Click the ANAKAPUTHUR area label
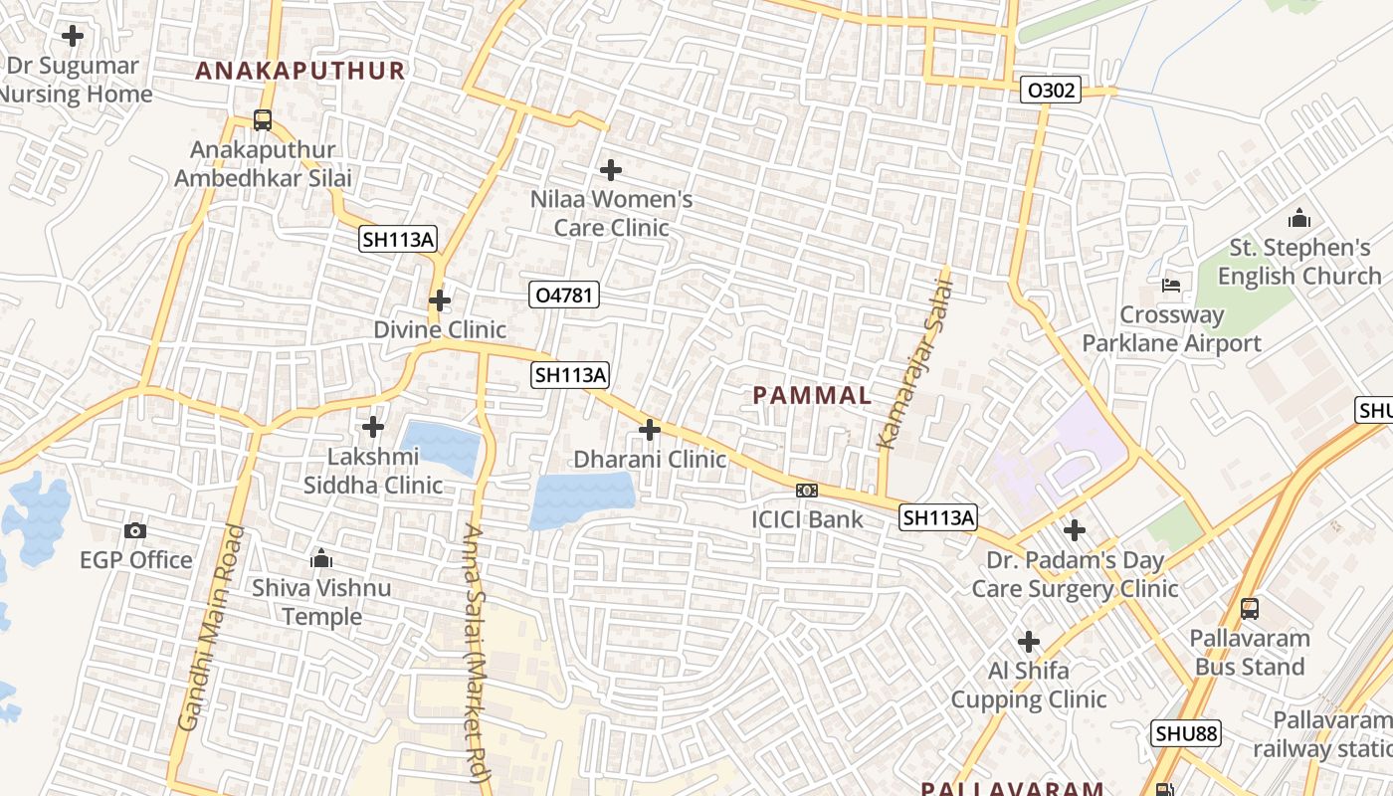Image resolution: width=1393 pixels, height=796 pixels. pos(300,71)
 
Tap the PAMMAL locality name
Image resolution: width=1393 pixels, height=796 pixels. pos(812,395)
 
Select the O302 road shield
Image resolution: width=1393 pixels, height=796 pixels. pos(1051,91)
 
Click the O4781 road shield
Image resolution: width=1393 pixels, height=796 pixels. pos(564,295)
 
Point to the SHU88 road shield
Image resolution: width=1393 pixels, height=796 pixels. pos(1186,734)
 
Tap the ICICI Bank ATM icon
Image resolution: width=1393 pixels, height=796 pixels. pos(807,490)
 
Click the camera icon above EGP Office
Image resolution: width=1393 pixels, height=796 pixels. pos(135,531)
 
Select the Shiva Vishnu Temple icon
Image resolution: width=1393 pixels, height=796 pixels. pos(320,559)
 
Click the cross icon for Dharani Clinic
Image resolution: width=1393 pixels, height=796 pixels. pos(650,430)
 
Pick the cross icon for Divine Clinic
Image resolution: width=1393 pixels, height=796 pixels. pos(439,299)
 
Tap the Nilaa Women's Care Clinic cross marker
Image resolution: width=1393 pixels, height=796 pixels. pos(611,170)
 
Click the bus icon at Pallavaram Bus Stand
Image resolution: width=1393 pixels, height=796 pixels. pos(1250,608)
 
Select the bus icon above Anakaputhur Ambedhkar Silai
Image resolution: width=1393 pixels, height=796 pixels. pos(263,120)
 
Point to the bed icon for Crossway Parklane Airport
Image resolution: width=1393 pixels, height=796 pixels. pos(1171,286)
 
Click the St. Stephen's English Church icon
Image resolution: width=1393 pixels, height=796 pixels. pos(1298,218)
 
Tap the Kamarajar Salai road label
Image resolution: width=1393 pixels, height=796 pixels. pos(914,364)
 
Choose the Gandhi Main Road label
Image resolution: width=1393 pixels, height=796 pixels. pos(209,629)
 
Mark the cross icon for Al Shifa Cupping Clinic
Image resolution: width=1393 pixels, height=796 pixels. pos(1029,642)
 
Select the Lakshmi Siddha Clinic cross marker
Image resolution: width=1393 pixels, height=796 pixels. pos(373,427)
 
